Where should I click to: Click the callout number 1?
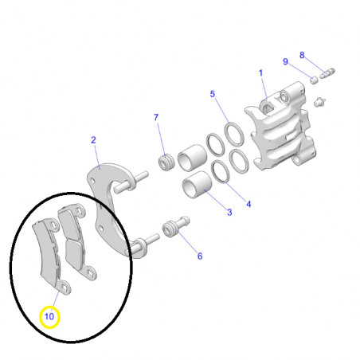point(260,73)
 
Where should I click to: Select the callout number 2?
point(93,140)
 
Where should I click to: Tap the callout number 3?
point(229,213)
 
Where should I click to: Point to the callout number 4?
point(248,204)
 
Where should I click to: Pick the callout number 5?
point(213,94)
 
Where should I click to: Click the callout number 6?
point(200,256)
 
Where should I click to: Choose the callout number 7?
point(156,117)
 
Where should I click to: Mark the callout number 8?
point(302,55)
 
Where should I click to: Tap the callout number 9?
point(285,62)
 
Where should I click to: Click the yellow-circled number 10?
point(49,316)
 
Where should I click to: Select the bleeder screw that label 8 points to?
point(327,73)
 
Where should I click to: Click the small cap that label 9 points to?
point(314,80)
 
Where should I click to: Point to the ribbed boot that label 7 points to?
point(166,162)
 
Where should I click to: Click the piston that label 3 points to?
point(197,185)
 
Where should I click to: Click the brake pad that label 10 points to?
point(49,255)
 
